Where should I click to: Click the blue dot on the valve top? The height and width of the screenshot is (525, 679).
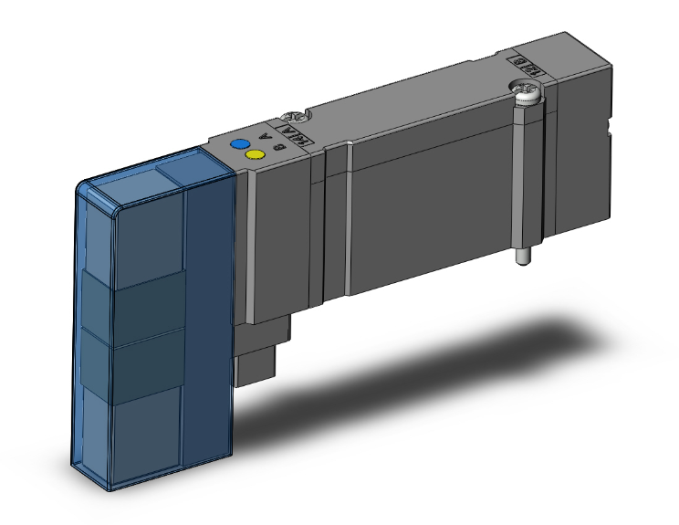click(x=240, y=144)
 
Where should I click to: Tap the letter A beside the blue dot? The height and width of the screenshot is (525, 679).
click(x=265, y=138)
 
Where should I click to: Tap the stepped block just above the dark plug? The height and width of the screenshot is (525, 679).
click(x=274, y=329)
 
